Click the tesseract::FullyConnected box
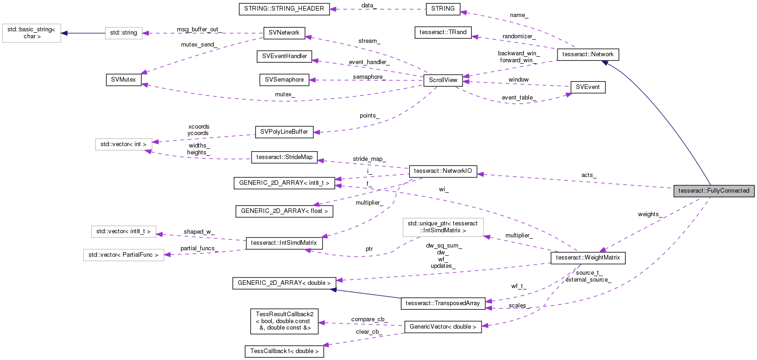714,191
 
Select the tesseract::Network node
587,54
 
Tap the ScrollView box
443,80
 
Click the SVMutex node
123,80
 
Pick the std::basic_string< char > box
31,33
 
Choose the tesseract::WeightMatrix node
587,258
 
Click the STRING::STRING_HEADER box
284,9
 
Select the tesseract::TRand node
443,32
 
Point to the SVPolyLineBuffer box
284,132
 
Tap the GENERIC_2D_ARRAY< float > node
284,211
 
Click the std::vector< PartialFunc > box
123,255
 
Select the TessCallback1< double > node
284,351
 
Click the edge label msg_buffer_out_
199,30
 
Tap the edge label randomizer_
519,36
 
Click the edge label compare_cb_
369,319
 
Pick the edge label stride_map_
369,159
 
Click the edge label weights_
650,214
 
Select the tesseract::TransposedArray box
443,303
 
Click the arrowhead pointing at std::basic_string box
65,33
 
